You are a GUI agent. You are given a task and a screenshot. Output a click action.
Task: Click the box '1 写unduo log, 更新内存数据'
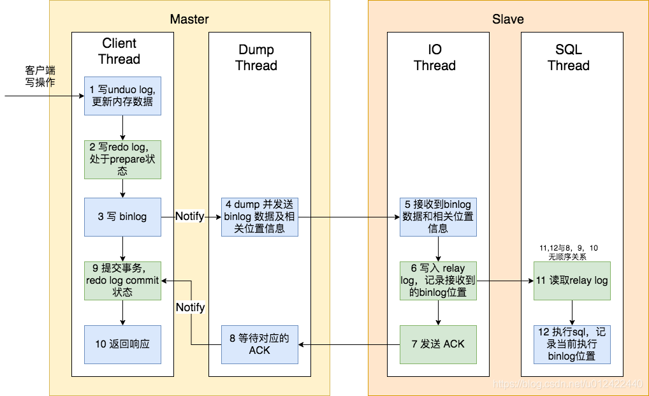pos(122,96)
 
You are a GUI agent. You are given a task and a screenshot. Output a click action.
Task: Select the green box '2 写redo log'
pos(122,159)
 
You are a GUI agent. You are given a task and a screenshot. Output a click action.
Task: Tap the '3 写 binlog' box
pos(122,217)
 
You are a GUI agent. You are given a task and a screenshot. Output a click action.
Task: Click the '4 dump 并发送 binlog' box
pos(259,217)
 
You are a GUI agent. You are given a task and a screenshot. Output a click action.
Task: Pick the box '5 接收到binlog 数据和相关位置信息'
pos(438,217)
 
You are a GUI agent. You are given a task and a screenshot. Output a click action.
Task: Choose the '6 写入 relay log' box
pos(438,281)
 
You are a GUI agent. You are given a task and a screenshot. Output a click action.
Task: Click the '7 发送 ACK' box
pos(438,344)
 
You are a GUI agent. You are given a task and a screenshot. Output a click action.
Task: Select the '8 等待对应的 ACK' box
pos(259,344)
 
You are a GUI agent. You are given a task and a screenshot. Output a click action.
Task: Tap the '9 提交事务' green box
pos(122,281)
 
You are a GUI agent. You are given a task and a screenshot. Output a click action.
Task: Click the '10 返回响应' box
pos(122,344)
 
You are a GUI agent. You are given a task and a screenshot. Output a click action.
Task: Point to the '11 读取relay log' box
pos(571,281)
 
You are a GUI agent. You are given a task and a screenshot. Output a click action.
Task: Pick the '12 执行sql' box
pos(571,344)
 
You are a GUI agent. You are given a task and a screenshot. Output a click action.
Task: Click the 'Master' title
pos(189,19)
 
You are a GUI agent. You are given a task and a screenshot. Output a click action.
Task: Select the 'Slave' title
pos(507,19)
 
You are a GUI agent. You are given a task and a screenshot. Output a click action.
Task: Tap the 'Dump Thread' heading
pos(256,57)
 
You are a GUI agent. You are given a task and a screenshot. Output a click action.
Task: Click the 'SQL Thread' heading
pos(568,57)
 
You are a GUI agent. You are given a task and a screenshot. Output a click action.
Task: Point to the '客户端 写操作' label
pos(40,76)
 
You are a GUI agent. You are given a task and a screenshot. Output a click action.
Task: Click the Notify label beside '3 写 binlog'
pos(190,217)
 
